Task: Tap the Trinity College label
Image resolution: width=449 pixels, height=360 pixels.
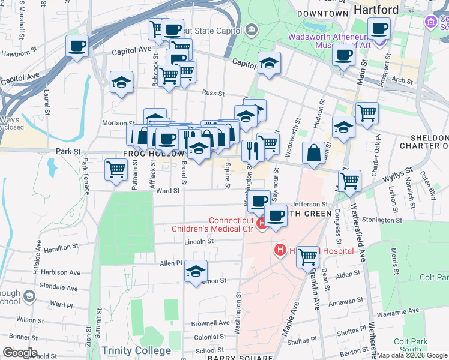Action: click(x=136, y=350)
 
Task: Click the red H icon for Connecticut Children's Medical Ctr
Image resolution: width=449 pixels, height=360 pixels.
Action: click(x=262, y=224)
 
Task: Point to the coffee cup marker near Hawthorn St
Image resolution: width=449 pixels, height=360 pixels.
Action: click(x=77, y=46)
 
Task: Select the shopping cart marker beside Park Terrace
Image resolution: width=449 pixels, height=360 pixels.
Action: click(x=116, y=169)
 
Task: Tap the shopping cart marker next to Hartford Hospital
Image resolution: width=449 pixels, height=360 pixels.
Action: click(x=307, y=256)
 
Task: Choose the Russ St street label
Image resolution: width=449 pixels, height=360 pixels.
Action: click(x=212, y=94)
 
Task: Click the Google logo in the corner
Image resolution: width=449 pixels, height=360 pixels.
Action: click(x=20, y=353)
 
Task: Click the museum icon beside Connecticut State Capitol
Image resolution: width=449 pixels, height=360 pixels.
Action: click(x=251, y=29)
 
